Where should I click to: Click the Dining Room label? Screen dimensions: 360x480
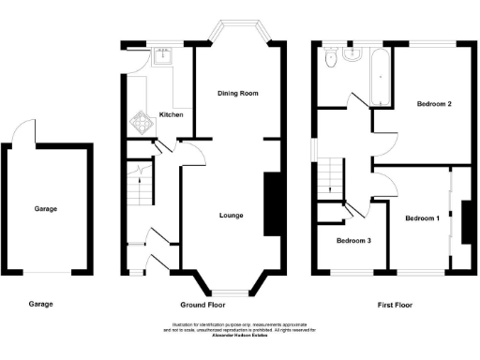[x=237, y=94]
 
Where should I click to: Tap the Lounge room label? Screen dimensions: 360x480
[x=232, y=216]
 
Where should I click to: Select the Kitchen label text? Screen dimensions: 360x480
[x=171, y=114]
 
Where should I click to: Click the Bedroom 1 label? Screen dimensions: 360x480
[x=421, y=218]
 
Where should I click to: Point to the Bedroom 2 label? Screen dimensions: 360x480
[x=435, y=104]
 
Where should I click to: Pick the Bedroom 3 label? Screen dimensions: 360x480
[x=354, y=241]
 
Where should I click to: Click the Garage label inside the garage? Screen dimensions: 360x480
[x=46, y=208]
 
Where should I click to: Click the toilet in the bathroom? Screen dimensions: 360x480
[x=329, y=61]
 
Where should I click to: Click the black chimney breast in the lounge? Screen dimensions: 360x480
[x=273, y=203]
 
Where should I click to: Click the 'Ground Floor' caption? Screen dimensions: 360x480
[x=204, y=305]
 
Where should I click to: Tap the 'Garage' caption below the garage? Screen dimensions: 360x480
[x=40, y=305]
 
